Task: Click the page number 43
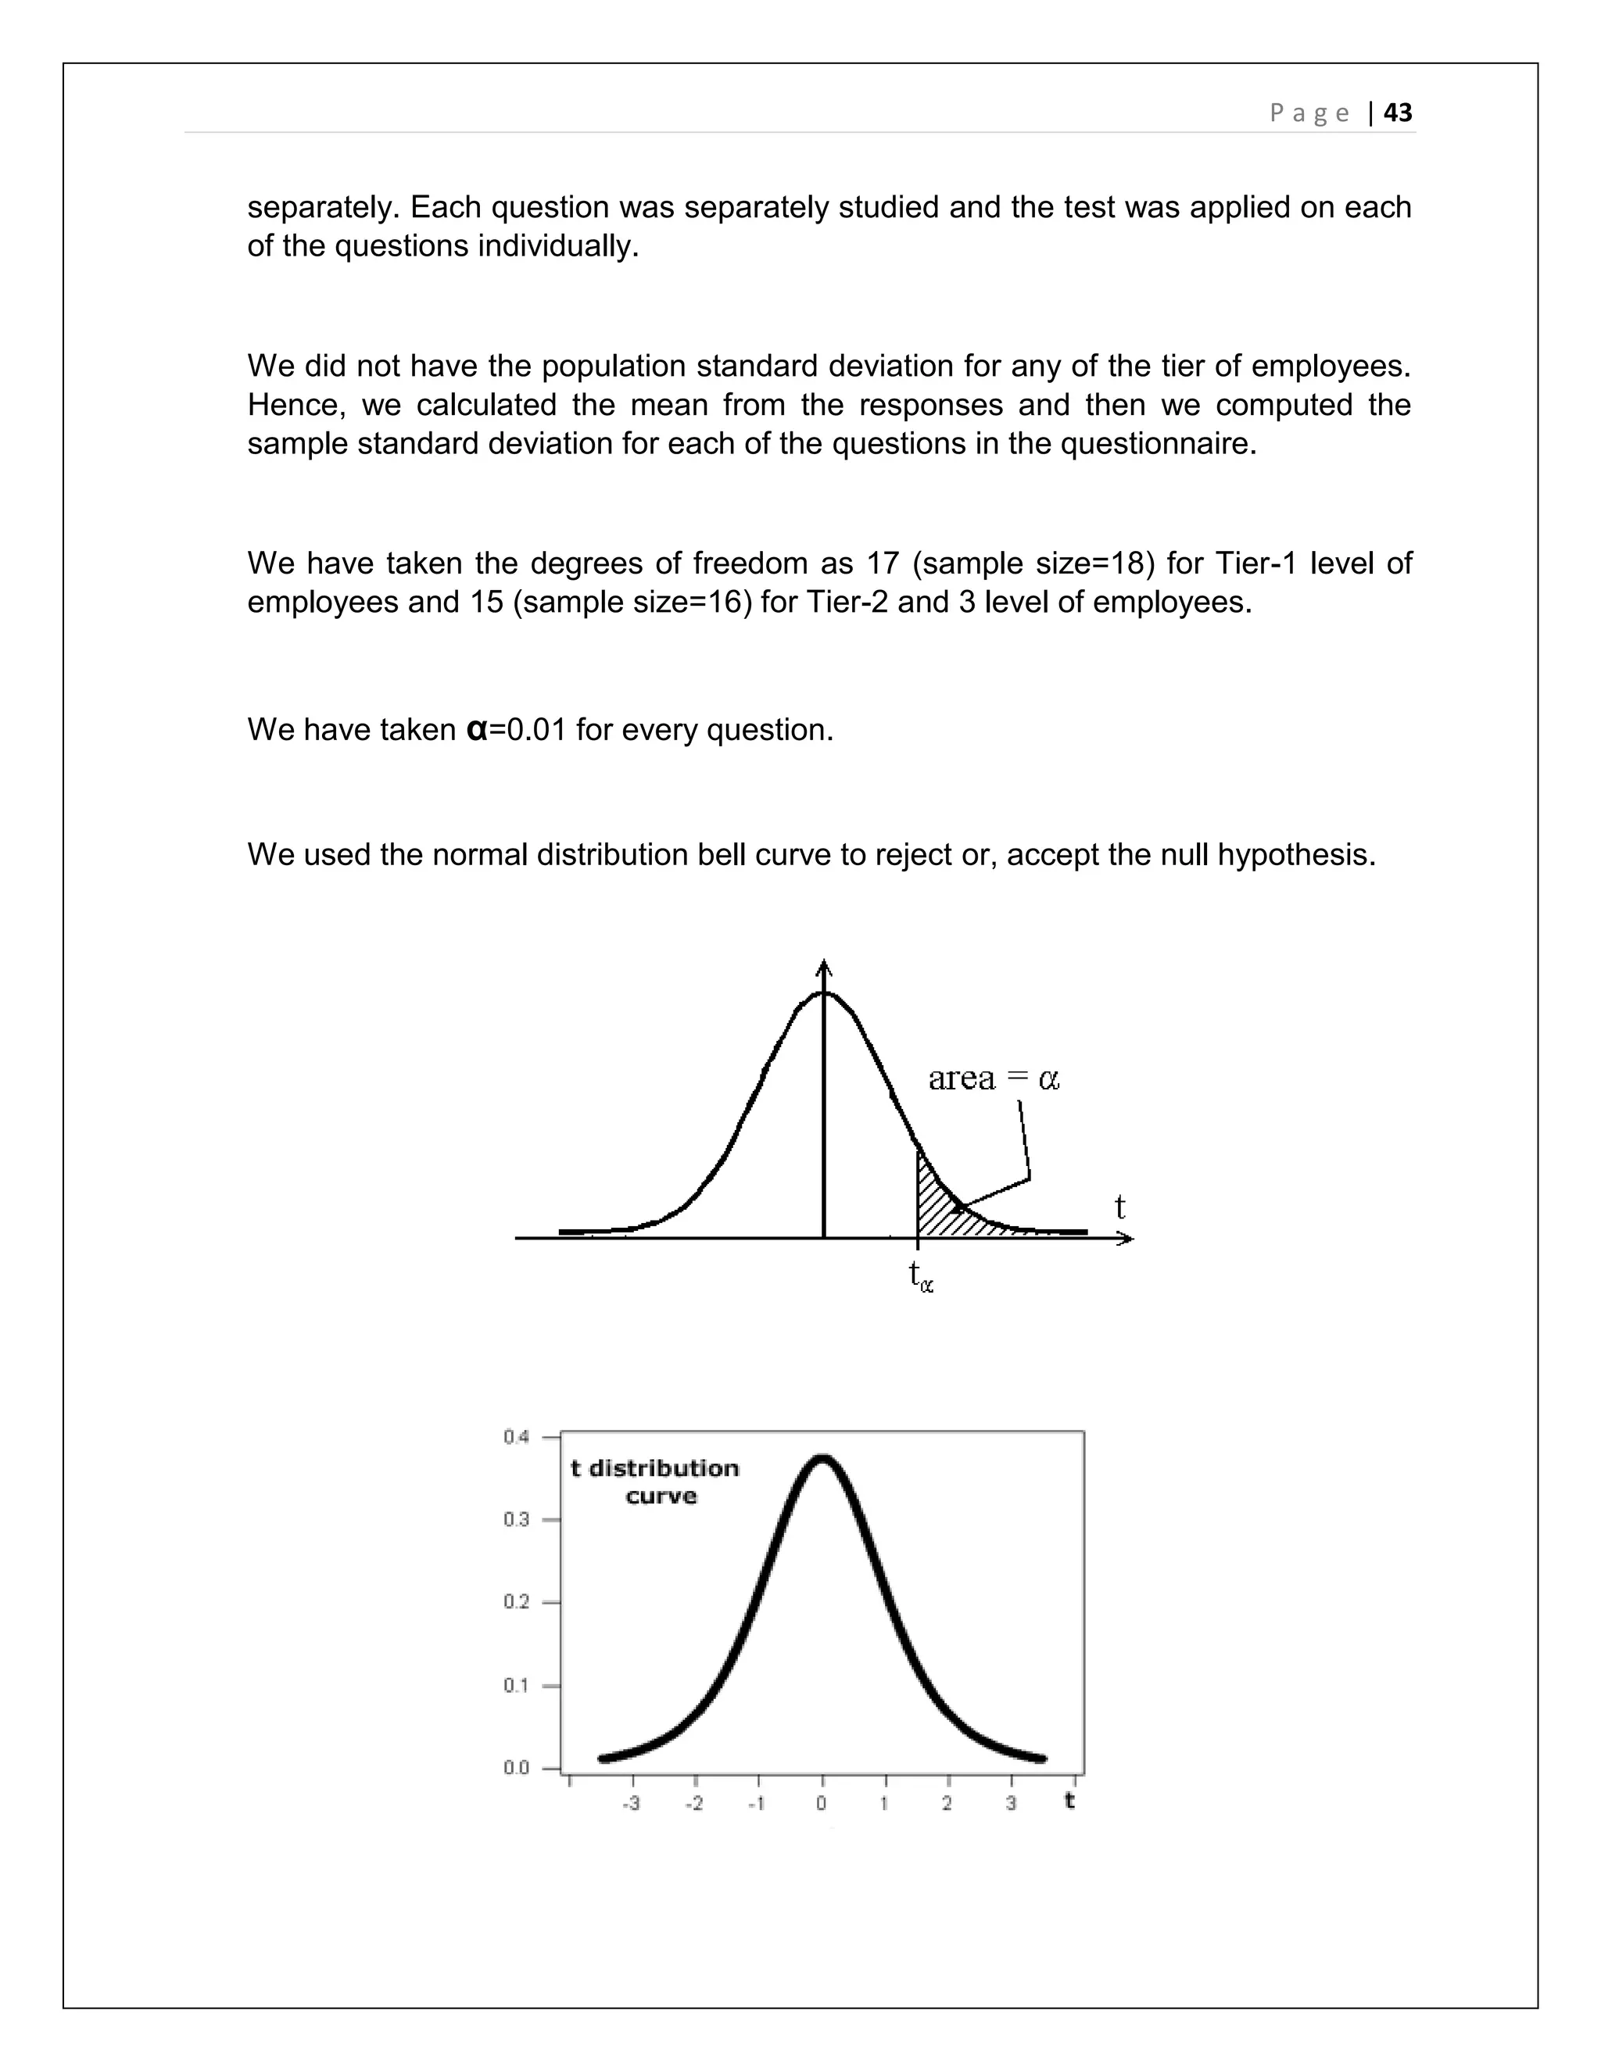1397,113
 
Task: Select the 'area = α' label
993,1078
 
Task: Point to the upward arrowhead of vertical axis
824,968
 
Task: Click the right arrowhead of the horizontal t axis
1125,1237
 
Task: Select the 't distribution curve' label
655,1482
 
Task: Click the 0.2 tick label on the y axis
517,1601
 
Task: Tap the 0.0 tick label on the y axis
517,1768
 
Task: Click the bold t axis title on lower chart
1070,1800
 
